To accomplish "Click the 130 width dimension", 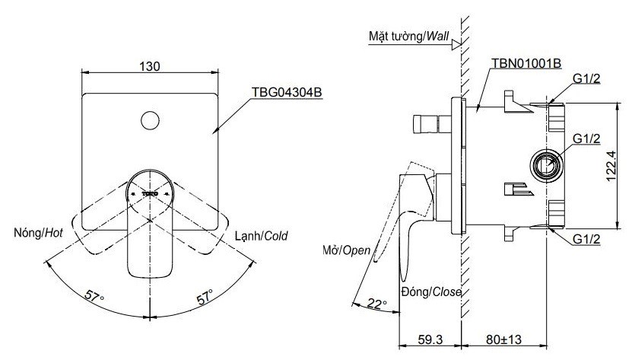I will [150, 66].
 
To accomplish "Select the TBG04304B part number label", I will [287, 91].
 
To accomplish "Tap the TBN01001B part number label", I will [526, 63].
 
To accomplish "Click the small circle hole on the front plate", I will [150, 119].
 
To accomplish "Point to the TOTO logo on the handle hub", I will [150, 194].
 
